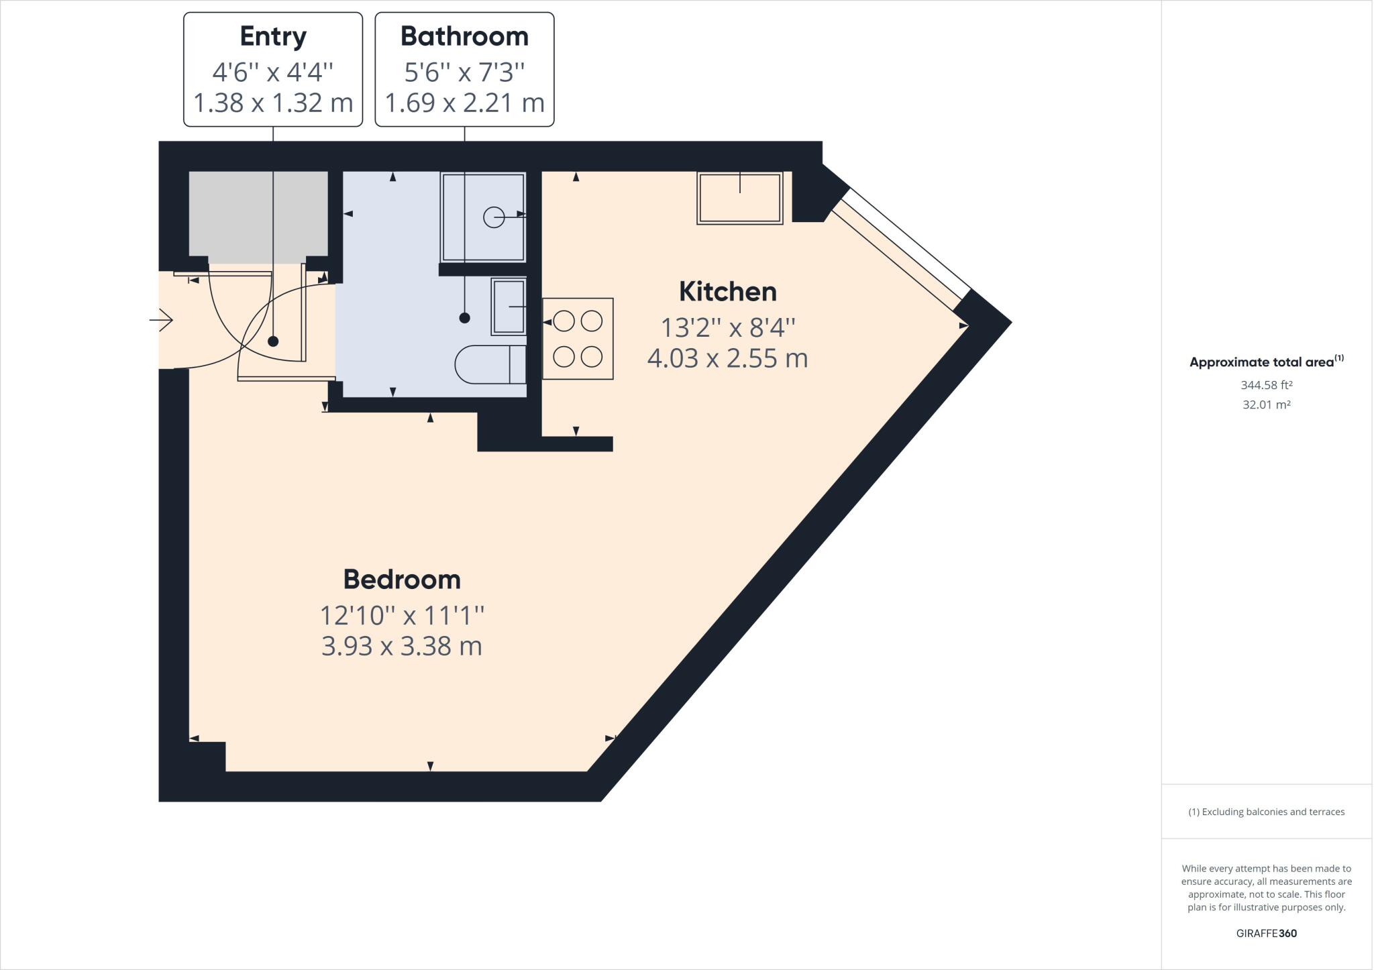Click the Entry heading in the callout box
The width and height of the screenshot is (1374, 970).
[x=273, y=36]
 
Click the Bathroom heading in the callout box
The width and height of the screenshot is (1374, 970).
[x=464, y=36]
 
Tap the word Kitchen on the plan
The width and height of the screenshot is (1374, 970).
[x=727, y=292]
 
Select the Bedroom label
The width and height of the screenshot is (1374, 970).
[x=402, y=580]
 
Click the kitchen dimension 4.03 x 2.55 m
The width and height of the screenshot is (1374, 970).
[x=727, y=358]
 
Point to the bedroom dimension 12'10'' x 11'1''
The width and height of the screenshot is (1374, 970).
[x=402, y=614]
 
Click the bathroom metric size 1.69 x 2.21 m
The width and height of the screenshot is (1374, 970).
[x=464, y=103]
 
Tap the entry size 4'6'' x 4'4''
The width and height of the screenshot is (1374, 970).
[x=273, y=71]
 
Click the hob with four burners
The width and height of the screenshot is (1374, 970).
[x=578, y=339]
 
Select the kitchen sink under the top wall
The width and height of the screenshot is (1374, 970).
[x=739, y=198]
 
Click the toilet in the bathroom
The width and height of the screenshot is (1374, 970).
[x=490, y=364]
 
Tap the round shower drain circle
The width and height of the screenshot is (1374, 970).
[x=494, y=217]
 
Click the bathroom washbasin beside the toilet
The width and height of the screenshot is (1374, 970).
[x=509, y=307]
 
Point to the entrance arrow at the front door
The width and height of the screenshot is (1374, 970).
[x=161, y=320]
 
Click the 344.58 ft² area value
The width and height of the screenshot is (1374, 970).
[x=1266, y=385]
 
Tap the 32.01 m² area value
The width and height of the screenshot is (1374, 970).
[x=1266, y=405]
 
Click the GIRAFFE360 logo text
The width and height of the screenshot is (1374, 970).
[x=1266, y=933]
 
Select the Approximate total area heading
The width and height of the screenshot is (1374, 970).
[x=1261, y=362]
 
